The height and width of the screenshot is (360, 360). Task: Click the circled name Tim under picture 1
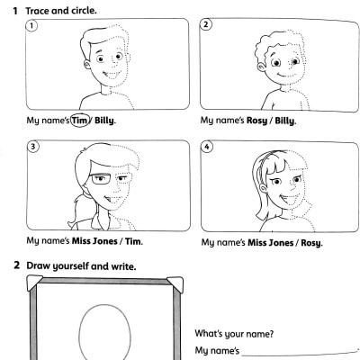click(79, 121)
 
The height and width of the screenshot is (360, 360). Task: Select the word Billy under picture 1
click(104, 121)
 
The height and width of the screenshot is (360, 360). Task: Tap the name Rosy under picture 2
click(256, 121)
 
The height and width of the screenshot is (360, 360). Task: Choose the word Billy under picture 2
click(284, 121)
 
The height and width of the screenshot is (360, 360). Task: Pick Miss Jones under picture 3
click(94, 241)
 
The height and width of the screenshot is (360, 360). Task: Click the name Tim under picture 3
click(133, 241)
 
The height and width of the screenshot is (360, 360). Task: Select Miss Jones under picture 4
click(270, 243)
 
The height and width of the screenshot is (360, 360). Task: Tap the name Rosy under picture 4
click(310, 243)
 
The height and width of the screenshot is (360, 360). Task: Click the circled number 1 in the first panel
click(31, 25)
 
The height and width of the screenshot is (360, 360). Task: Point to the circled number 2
click(206, 24)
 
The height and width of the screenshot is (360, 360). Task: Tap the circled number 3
click(33, 147)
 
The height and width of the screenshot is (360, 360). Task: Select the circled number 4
click(207, 147)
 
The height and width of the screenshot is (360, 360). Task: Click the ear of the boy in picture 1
click(87, 64)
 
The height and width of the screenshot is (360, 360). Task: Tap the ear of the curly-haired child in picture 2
click(262, 67)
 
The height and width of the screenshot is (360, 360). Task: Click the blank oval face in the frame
click(80, 333)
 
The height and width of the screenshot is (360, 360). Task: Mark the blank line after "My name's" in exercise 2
click(300, 354)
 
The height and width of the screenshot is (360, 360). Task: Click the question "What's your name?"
click(234, 334)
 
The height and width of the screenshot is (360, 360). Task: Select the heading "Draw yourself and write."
click(81, 266)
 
